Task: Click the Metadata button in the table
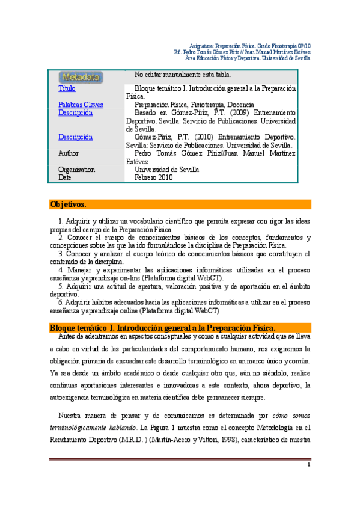click(x=81, y=77)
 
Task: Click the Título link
click(x=67, y=89)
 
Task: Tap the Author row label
click(x=69, y=153)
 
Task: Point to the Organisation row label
click(x=76, y=170)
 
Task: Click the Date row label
click(x=65, y=177)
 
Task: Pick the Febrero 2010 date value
click(x=153, y=177)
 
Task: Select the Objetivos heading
click(x=69, y=204)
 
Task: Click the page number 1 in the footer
click(x=308, y=465)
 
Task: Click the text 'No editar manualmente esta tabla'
click(x=183, y=75)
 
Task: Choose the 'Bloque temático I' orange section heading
click(x=162, y=327)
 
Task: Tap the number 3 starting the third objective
click(x=53, y=254)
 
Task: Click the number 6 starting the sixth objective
click(x=53, y=303)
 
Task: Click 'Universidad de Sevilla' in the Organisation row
click(x=166, y=170)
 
